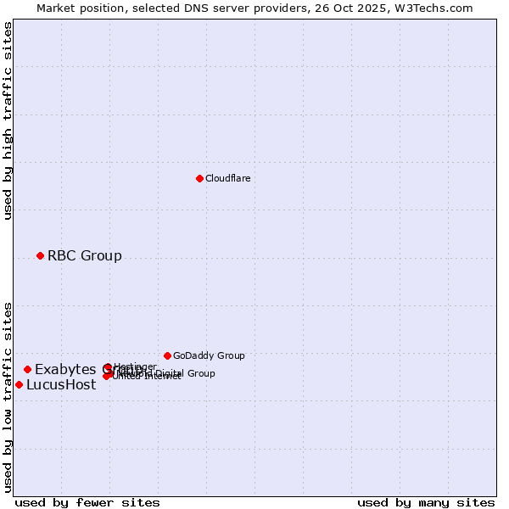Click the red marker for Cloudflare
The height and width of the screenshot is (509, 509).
[199, 178]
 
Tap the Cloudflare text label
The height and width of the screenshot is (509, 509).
[227, 178]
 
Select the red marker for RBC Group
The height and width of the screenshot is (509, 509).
[40, 255]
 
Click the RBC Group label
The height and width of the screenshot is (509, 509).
[84, 255]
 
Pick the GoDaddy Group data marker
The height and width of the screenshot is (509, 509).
[167, 355]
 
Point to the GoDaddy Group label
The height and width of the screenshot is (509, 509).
[209, 355]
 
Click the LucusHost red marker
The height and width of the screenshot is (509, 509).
[19, 384]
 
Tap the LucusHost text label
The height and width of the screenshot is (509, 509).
[61, 384]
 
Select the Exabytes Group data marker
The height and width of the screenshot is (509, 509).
[27, 369]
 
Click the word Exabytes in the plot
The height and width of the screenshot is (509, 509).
[64, 369]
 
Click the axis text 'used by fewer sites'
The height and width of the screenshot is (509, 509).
[87, 502]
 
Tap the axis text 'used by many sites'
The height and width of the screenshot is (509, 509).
[426, 502]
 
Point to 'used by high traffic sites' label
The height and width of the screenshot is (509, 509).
[8, 120]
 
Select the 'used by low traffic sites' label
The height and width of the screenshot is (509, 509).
[8, 396]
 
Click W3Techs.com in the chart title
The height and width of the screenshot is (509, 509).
[438, 8]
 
